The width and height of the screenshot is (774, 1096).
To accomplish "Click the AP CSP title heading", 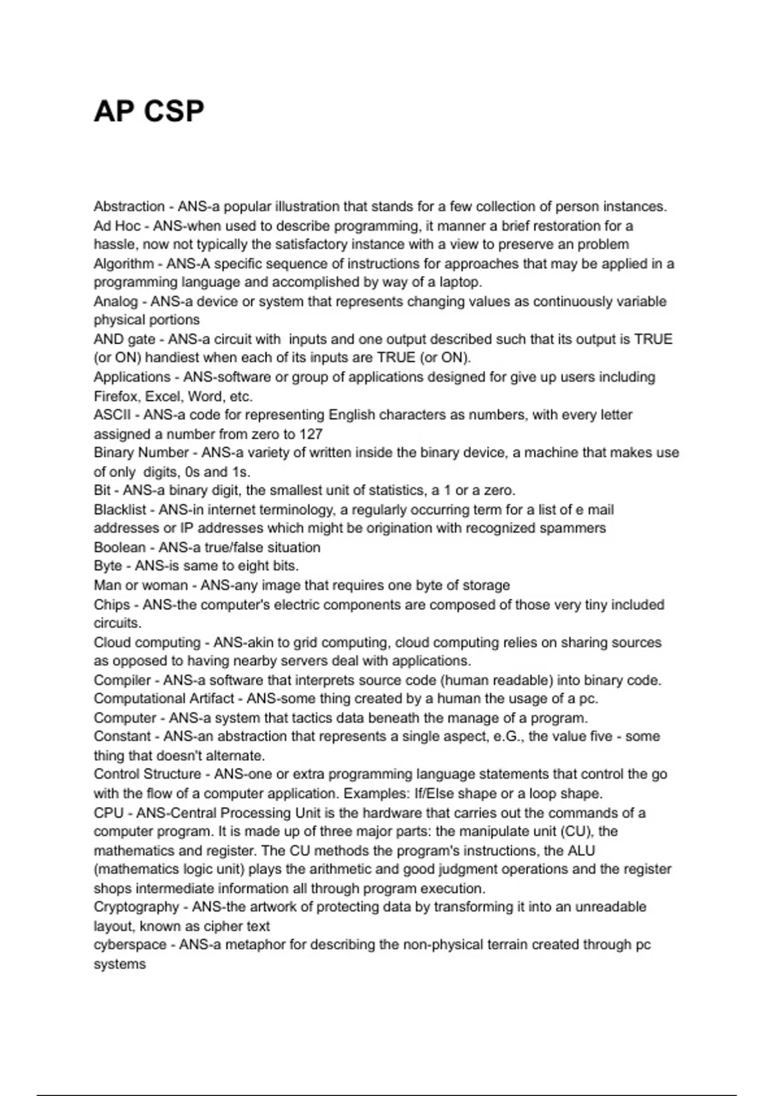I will click(149, 111).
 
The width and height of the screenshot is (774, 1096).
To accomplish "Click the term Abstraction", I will click(129, 206).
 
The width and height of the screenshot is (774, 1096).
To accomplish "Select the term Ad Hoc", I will click(117, 226).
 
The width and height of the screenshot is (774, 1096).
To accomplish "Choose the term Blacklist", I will click(120, 509).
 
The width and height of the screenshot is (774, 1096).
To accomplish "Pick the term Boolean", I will click(119, 547).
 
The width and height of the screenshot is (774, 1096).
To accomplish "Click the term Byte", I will click(107, 566).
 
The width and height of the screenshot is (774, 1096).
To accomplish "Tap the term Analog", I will click(115, 301).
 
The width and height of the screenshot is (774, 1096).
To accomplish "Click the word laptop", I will click(459, 282).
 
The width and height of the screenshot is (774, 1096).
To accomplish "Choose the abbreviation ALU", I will click(580, 850).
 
